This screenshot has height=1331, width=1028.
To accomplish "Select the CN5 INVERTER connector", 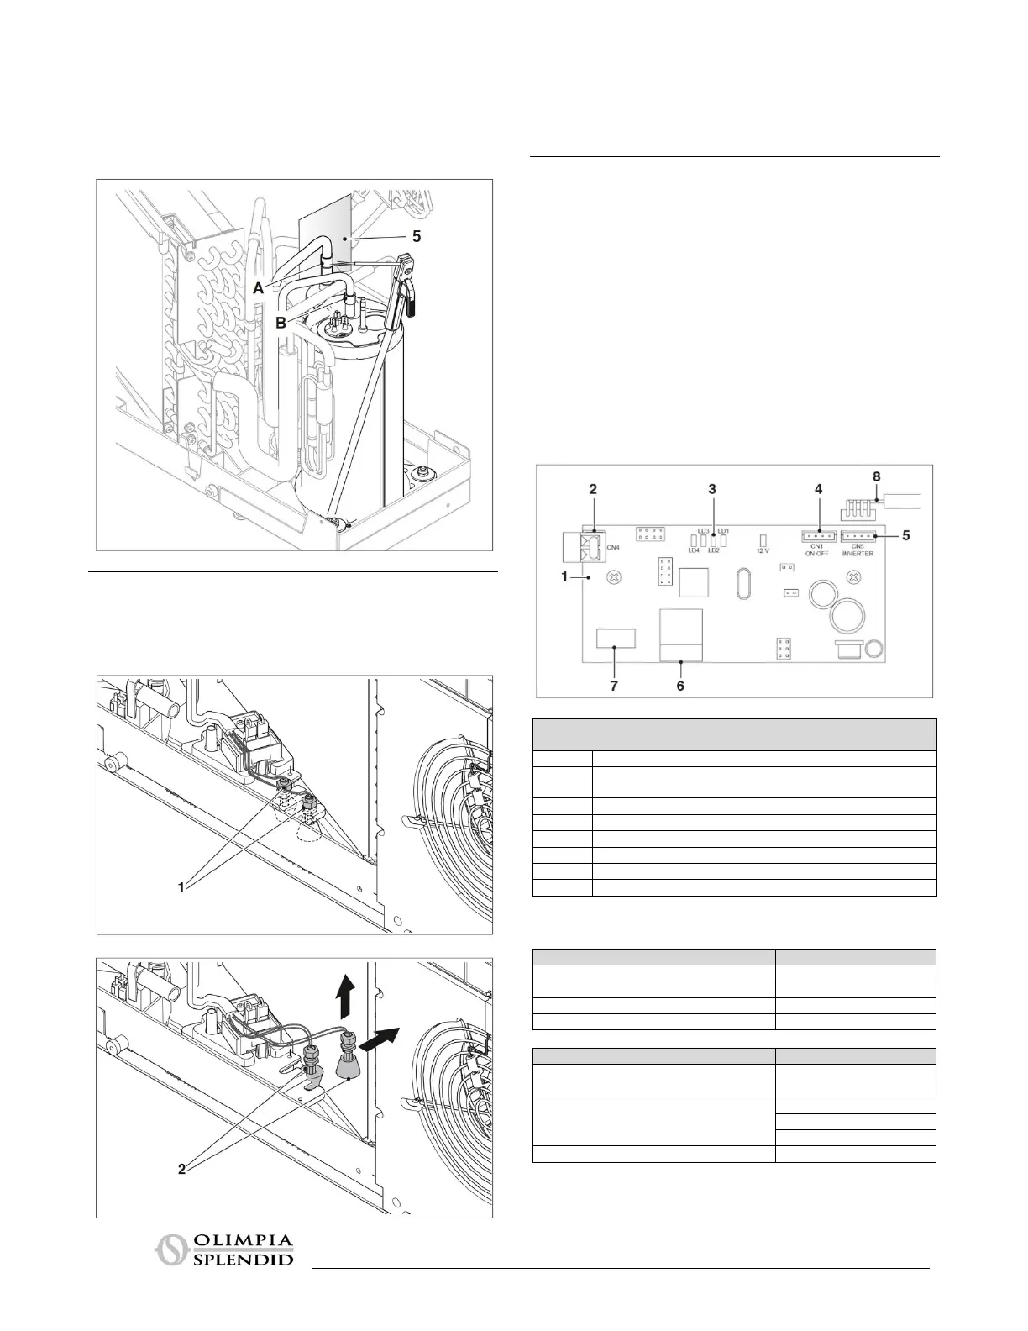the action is pyautogui.click(x=858, y=536).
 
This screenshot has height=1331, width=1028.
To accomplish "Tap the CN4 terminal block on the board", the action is pyautogui.click(x=590, y=548).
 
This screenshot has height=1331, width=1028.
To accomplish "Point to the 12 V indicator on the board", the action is pyautogui.click(x=763, y=539).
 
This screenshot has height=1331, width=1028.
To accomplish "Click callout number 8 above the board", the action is pyautogui.click(x=877, y=476).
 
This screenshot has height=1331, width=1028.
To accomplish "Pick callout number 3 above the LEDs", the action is pyautogui.click(x=712, y=488).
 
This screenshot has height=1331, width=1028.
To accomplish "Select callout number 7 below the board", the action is pyautogui.click(x=614, y=686).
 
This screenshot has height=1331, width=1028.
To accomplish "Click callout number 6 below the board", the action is pyautogui.click(x=680, y=686).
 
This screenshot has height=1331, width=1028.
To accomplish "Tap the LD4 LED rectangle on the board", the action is pyautogui.click(x=695, y=540).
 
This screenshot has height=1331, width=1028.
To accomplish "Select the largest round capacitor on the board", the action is pyautogui.click(x=846, y=618).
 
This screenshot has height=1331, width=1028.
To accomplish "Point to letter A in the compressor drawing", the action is pyautogui.click(x=260, y=287).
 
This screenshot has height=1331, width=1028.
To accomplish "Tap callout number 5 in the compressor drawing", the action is pyautogui.click(x=417, y=237).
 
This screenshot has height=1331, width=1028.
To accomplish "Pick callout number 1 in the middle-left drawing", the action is pyautogui.click(x=181, y=887).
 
